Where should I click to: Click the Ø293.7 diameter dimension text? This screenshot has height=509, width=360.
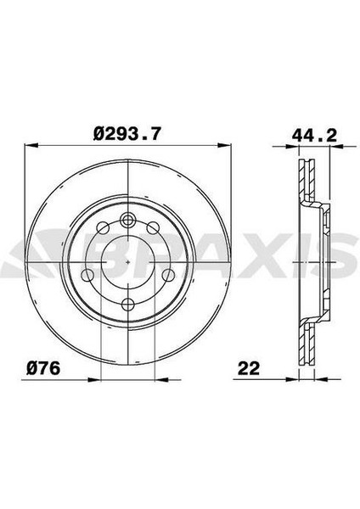pyautogui.click(x=127, y=133)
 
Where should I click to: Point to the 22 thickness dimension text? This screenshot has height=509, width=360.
pyautogui.click(x=249, y=368)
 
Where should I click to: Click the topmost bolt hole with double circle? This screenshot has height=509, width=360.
pyautogui.click(x=127, y=221)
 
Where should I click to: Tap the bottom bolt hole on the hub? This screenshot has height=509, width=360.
pyautogui.click(x=127, y=305)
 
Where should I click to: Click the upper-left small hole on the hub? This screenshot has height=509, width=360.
pyautogui.click(x=104, y=228)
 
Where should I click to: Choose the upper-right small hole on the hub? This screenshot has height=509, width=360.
pyautogui.click(x=150, y=228)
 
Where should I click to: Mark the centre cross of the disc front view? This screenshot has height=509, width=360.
pyautogui.click(x=127, y=264)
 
